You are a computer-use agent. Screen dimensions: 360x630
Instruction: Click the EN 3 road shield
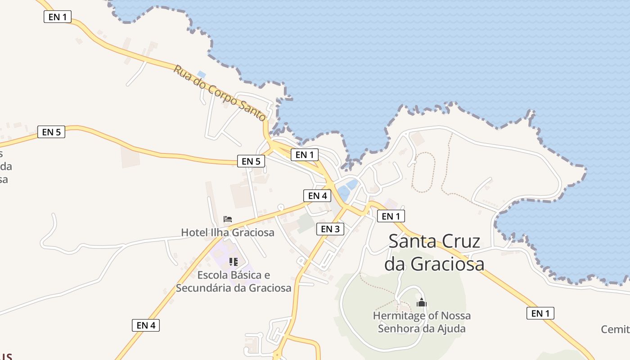330,229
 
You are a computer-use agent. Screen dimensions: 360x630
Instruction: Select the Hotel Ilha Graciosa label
227,233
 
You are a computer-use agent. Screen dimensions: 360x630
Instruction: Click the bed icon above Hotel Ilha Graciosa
228,219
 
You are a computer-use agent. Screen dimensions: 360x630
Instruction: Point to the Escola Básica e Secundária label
234,281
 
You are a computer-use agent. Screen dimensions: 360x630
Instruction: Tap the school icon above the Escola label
233,261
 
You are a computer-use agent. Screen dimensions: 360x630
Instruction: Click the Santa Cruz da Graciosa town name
434,252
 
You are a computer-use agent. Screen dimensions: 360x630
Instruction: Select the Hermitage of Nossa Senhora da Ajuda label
422,322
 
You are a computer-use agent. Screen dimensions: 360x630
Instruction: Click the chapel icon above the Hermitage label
421,302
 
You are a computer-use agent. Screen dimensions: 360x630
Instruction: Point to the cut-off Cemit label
616,329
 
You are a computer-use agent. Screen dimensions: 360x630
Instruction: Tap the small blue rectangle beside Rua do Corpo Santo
202,74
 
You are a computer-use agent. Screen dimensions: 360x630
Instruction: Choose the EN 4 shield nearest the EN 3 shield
317,196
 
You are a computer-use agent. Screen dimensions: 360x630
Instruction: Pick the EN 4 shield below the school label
146,325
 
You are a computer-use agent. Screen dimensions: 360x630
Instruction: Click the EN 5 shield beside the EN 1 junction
251,161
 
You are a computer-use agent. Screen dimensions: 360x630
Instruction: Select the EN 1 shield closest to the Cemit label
540,314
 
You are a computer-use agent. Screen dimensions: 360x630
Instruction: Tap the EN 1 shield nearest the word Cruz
391,216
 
